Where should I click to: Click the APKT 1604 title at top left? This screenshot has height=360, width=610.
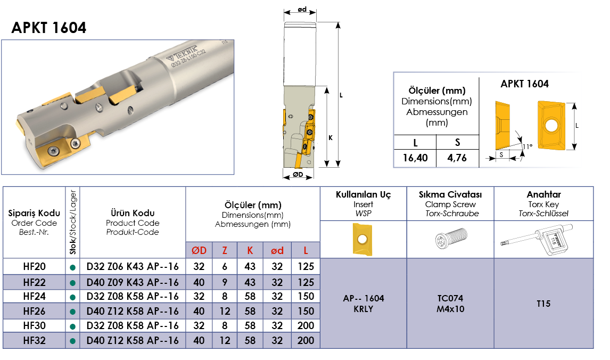[x=49, y=28]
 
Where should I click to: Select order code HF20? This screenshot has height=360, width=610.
[x=34, y=267]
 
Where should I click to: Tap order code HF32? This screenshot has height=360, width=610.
[x=34, y=340]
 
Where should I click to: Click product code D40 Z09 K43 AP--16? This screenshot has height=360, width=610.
[x=132, y=282]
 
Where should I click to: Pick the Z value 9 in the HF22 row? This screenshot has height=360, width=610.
[x=225, y=282]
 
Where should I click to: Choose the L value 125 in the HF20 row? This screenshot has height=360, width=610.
[x=306, y=267]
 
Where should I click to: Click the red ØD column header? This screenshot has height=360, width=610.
[x=199, y=251]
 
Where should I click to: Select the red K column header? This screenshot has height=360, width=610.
[x=250, y=251]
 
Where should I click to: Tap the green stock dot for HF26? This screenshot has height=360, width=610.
[x=72, y=312]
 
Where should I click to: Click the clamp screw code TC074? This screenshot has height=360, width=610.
[x=450, y=299]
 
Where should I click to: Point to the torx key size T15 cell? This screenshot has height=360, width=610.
[x=543, y=304]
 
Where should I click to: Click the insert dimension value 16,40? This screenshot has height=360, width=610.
[x=415, y=158]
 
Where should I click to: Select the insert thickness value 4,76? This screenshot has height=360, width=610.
[x=457, y=158]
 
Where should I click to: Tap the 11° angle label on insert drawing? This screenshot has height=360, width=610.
[x=527, y=147]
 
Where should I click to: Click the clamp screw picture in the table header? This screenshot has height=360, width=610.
[x=451, y=238]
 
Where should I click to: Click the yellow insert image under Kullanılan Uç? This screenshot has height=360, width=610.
[x=362, y=239]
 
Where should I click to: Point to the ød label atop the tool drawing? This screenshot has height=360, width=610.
[x=302, y=9]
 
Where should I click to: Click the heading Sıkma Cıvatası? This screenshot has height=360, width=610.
[x=450, y=194]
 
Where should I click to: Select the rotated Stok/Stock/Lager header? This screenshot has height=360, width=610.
[x=73, y=222]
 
